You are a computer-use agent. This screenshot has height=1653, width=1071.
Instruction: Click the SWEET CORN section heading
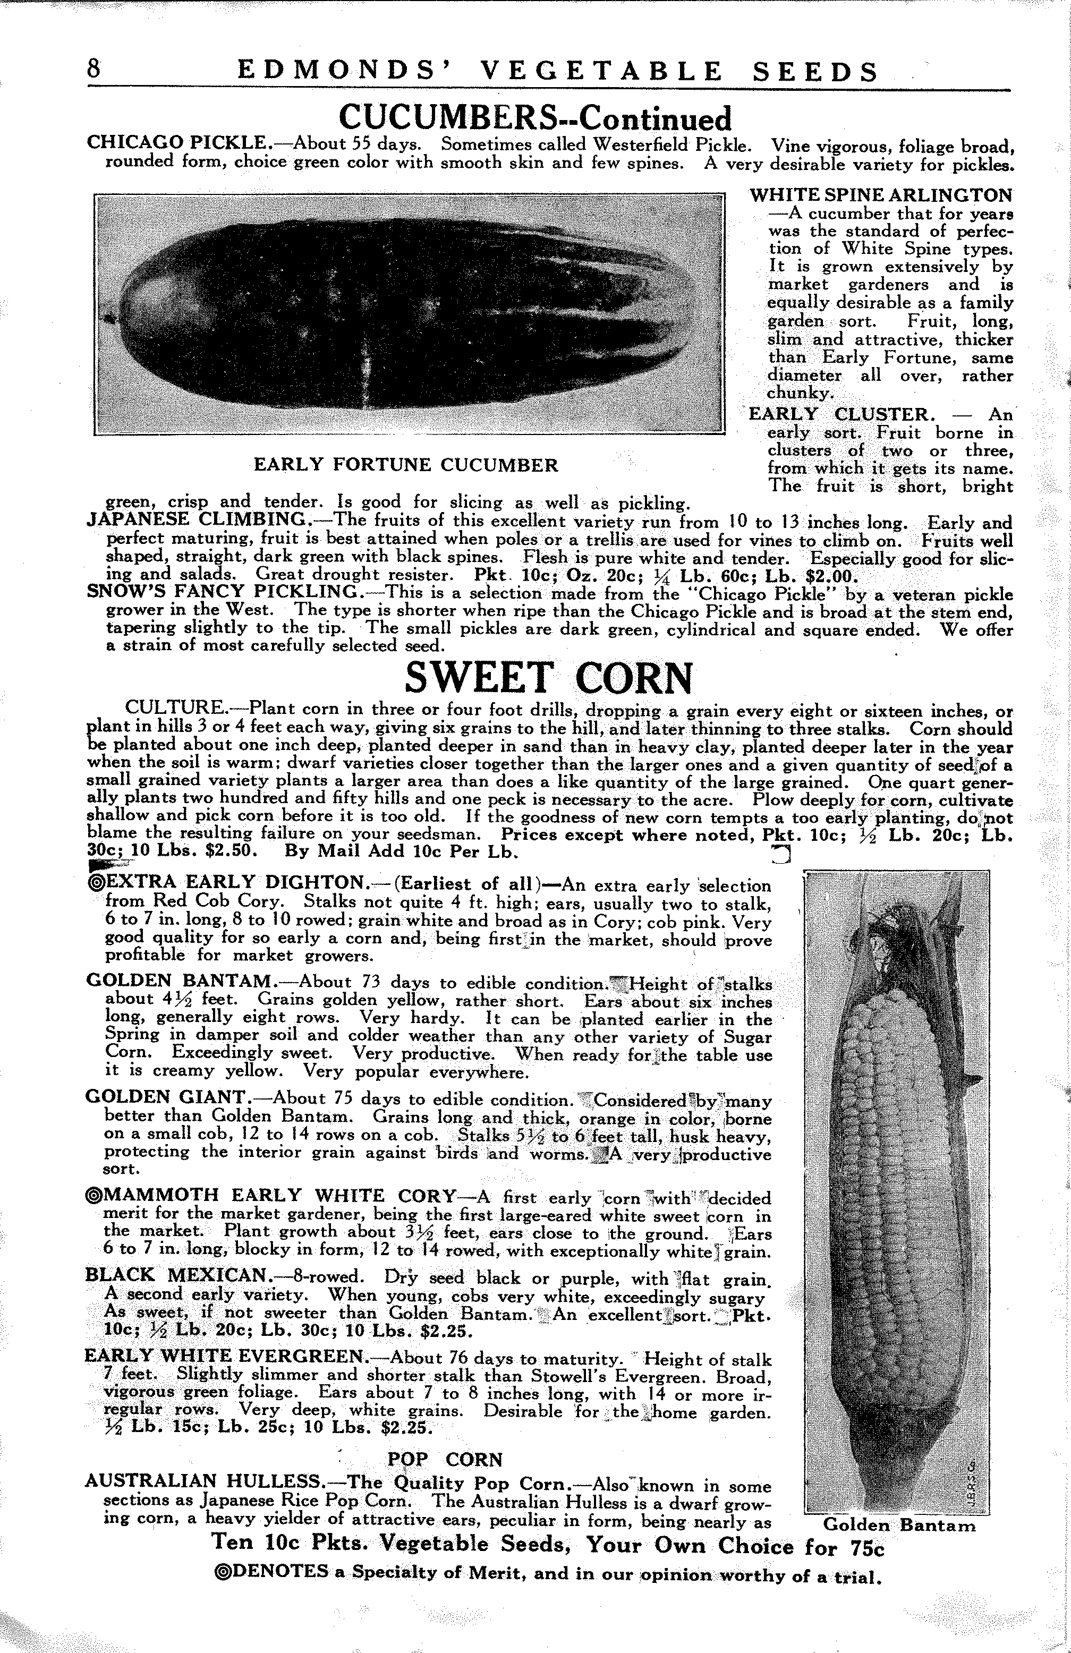(549, 678)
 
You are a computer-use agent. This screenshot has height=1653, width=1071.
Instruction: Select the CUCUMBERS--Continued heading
(535, 118)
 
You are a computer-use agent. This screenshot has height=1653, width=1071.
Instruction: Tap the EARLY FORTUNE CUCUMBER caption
(406, 465)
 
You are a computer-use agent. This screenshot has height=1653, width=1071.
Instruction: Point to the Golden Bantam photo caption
(899, 1525)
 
